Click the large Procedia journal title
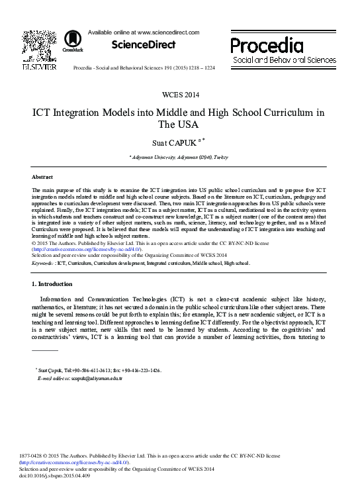pos(267,45)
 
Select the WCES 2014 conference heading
pos(179,95)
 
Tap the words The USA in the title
pos(179,124)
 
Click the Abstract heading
pos(42,177)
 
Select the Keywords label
pos(43,263)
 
